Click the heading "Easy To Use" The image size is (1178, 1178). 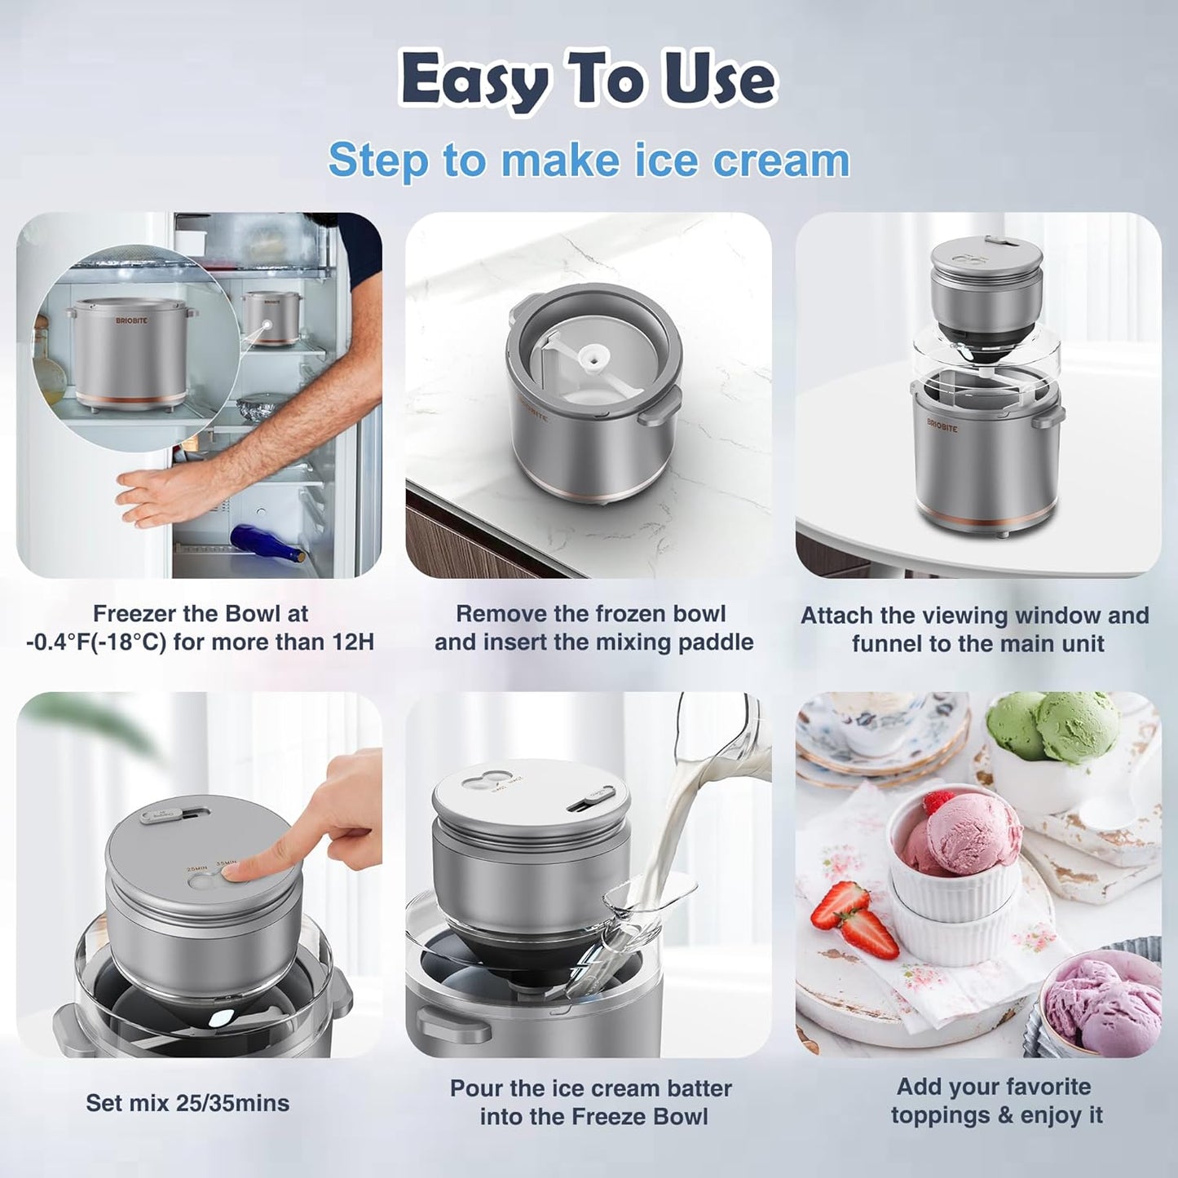(x=588, y=80)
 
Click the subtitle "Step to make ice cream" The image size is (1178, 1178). (x=588, y=160)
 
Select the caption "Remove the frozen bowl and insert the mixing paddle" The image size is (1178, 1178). (x=593, y=628)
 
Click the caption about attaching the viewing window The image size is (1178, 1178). (x=975, y=629)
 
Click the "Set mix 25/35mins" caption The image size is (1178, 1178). (x=188, y=1103)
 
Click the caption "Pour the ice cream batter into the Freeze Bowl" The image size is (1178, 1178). (x=591, y=1102)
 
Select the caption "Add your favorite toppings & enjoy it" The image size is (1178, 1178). (x=995, y=1101)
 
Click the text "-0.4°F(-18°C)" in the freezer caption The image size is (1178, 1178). (x=95, y=642)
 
